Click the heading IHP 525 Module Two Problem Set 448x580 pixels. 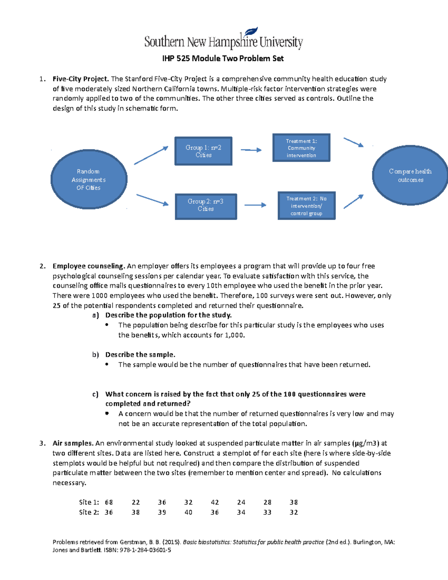point(223,59)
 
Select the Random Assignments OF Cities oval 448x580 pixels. point(89,180)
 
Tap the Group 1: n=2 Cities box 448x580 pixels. point(203,151)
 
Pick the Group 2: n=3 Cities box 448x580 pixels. point(206,207)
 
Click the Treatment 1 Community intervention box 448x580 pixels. point(301,148)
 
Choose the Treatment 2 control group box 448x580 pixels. point(307,206)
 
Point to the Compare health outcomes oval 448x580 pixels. point(410,176)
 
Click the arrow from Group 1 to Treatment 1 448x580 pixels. point(251,150)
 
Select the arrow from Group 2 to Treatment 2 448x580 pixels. point(255,205)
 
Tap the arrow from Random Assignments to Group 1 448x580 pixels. point(151,155)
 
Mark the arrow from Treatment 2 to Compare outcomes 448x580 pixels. point(353,202)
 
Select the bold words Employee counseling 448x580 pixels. point(88,266)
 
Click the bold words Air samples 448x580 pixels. point(73,443)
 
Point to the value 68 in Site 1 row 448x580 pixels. point(109,503)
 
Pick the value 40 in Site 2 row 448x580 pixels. point(189,512)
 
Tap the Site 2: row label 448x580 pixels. point(89,512)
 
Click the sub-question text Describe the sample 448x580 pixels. point(140,354)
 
